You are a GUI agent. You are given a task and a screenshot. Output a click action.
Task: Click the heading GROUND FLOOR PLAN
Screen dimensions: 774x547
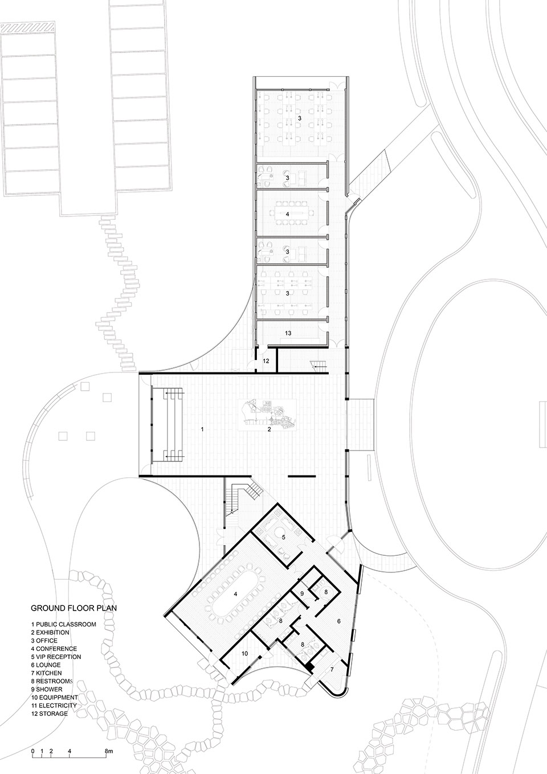pyautogui.click(x=74, y=608)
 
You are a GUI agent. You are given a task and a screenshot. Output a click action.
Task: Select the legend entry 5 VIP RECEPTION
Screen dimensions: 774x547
pyautogui.click(x=56, y=657)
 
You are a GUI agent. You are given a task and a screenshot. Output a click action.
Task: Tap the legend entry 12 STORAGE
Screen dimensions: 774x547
pyautogui.click(x=50, y=713)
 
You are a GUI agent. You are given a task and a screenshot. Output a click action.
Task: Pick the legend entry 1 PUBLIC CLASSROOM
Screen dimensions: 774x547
pyautogui.click(x=64, y=624)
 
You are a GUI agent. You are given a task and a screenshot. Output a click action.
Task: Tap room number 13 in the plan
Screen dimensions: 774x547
pyautogui.click(x=288, y=333)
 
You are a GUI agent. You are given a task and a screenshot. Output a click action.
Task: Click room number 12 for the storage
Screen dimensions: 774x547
pyautogui.click(x=266, y=361)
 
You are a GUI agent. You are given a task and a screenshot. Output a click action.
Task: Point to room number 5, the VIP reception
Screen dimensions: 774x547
pyautogui.click(x=283, y=537)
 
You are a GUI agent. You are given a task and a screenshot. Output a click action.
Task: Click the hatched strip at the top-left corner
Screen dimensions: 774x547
pyautogui.click(x=28, y=26)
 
